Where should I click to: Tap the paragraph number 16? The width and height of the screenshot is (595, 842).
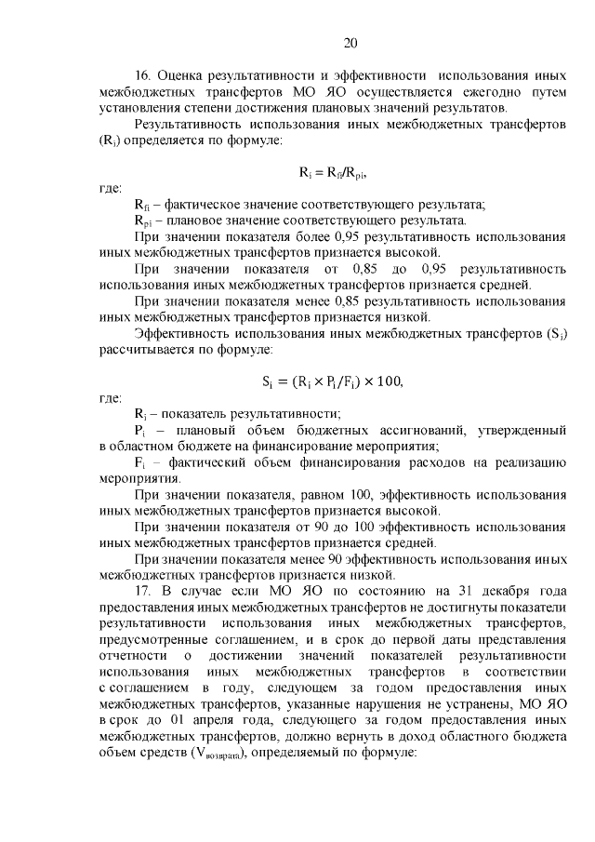point(144,75)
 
